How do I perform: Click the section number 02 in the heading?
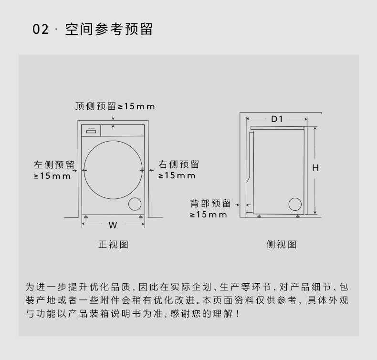point(41,30)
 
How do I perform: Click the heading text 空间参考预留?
point(108,29)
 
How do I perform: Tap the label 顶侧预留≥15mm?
point(115,106)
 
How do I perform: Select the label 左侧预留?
point(54,165)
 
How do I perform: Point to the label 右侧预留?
point(179,165)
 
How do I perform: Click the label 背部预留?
point(210,204)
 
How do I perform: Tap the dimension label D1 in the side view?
point(277,119)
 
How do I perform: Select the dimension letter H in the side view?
point(315,167)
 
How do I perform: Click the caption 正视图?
point(114,245)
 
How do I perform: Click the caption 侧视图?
point(282,245)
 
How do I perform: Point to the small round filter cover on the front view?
point(135,204)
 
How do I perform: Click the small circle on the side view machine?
point(296,204)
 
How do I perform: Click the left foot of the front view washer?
point(85,217)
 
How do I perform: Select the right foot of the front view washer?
point(141,217)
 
